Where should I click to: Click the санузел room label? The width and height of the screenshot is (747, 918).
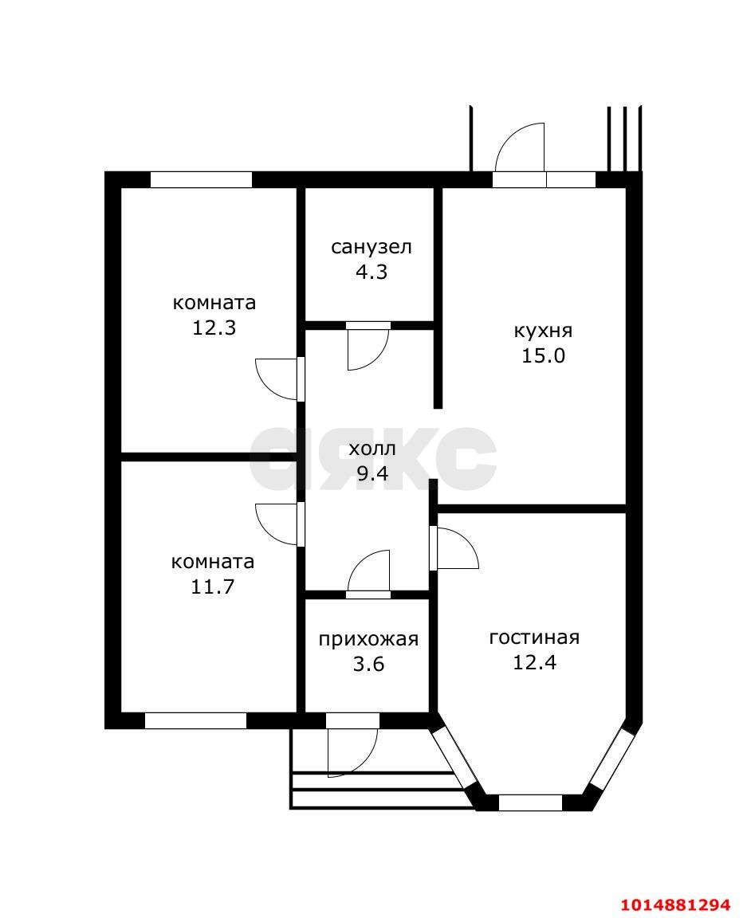(x=372, y=247)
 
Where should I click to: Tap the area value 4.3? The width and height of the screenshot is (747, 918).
(x=372, y=273)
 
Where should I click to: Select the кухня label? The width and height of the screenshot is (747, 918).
(x=543, y=331)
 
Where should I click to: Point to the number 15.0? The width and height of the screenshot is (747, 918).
(x=543, y=355)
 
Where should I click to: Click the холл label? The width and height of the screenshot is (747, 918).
(x=372, y=449)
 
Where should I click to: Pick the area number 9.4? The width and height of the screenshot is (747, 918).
(x=372, y=473)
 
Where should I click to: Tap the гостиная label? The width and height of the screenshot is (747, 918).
(x=534, y=637)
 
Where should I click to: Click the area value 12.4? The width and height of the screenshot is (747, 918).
(x=534, y=662)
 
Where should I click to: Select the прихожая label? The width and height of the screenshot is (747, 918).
(x=368, y=640)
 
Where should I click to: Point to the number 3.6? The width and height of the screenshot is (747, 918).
(x=368, y=665)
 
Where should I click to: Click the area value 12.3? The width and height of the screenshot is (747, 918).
(x=214, y=328)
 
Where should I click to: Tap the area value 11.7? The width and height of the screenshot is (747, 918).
(x=213, y=586)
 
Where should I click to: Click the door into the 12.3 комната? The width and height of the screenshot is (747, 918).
(x=277, y=379)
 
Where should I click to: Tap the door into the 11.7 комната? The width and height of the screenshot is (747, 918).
(x=277, y=524)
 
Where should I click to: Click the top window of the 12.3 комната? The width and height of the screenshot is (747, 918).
(x=201, y=180)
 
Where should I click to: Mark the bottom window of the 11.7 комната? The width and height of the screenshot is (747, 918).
(x=195, y=720)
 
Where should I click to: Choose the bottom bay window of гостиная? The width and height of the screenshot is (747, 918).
(x=530, y=802)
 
